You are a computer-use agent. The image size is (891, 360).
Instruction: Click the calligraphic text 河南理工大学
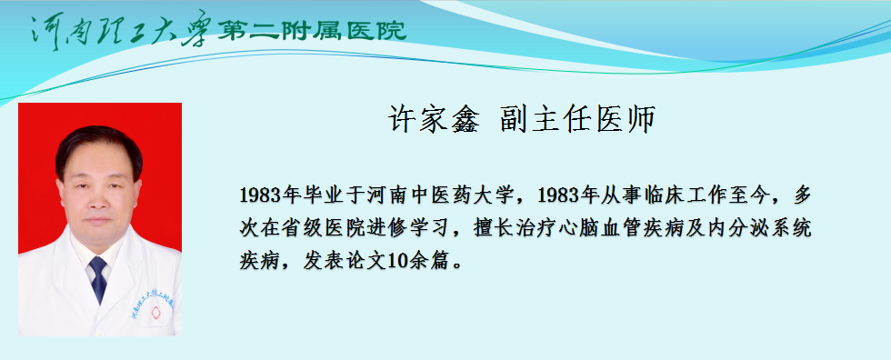(122, 28)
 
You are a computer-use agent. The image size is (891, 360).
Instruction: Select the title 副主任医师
(578, 119)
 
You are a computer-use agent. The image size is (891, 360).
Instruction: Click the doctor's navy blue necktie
(99, 278)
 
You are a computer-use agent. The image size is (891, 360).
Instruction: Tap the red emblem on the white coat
(155, 313)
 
